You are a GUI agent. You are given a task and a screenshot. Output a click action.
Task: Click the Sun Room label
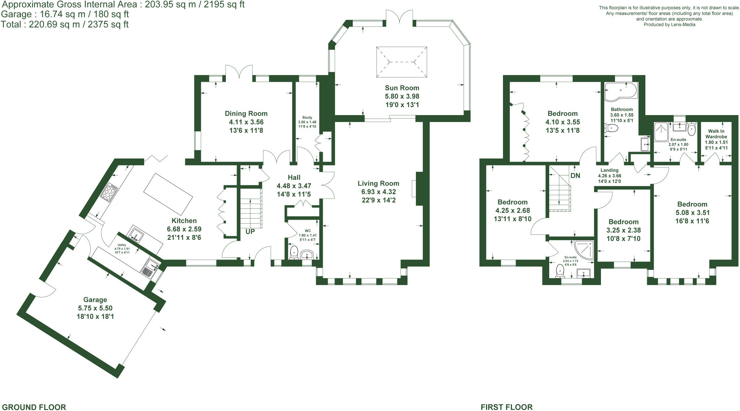click(x=402, y=88)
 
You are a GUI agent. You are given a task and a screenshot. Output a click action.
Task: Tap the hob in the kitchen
click(x=109, y=192)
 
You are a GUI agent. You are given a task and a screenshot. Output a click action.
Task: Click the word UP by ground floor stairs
click(x=250, y=232)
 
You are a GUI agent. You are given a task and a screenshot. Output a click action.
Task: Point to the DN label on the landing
click(x=575, y=175)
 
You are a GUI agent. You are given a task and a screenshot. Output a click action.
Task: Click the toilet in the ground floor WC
click(x=294, y=252)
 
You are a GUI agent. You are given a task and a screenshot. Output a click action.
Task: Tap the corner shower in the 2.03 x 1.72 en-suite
click(x=584, y=250)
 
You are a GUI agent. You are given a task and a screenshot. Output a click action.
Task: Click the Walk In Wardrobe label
click(x=716, y=134)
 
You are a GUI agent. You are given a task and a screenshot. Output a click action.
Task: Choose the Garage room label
click(x=95, y=300)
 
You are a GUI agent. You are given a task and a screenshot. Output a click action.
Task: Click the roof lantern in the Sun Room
click(x=401, y=62)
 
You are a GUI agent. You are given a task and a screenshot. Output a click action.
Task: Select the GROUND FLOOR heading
click(x=34, y=407)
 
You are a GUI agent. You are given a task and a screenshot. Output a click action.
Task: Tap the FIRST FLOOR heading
click(x=506, y=407)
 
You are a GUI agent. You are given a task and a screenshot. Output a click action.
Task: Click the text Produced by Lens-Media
click(x=669, y=25)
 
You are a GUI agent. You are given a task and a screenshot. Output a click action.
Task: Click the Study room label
click(x=307, y=118)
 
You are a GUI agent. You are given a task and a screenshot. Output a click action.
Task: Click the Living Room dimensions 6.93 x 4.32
click(x=378, y=192)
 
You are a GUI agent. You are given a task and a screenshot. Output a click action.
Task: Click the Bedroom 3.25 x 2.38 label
click(x=623, y=222)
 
